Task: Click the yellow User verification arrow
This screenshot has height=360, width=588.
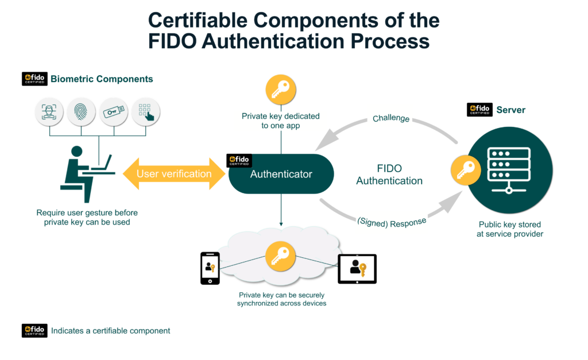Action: click(174, 174)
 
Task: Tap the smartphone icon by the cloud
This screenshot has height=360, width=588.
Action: click(210, 268)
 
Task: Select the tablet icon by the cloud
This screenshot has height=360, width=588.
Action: click(357, 269)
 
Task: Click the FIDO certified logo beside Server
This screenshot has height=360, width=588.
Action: click(479, 110)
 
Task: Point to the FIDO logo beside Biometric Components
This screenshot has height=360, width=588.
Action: click(34, 79)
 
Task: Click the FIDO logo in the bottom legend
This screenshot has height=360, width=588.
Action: click(34, 331)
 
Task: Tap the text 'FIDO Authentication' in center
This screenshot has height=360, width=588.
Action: click(389, 175)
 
